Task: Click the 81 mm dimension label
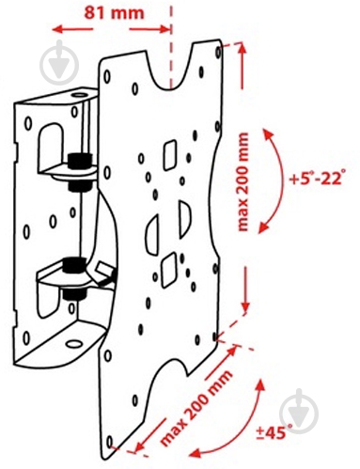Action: (x=114, y=13)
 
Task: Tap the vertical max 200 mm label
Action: (x=243, y=182)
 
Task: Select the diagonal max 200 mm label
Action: (x=196, y=408)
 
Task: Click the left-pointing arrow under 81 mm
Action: (x=72, y=30)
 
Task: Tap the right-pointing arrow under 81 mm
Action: (x=149, y=30)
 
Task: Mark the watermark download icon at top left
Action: (x=59, y=63)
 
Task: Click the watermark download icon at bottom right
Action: (x=299, y=411)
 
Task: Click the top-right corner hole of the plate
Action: (x=218, y=52)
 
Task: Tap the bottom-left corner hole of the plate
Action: (x=109, y=442)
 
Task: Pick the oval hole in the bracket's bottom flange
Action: (x=74, y=344)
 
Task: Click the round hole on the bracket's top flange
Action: (x=79, y=95)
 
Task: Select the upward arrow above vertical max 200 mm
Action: (x=242, y=66)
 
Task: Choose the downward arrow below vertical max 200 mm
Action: (x=245, y=289)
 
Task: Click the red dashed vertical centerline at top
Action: (x=171, y=47)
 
